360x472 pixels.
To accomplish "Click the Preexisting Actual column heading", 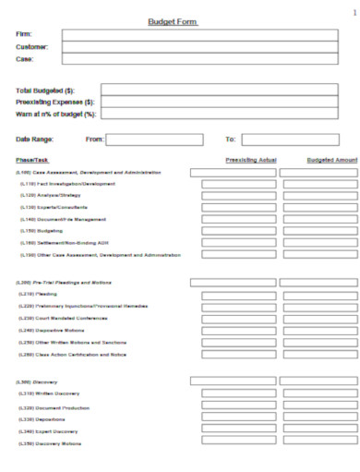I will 250,160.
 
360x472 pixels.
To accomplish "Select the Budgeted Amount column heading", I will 331,160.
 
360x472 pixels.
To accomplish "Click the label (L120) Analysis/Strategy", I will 51,196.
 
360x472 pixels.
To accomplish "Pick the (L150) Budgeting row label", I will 42,231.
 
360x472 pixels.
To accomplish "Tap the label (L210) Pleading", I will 39,294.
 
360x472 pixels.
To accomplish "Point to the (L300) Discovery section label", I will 36,381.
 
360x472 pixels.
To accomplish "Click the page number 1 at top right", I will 354,12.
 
